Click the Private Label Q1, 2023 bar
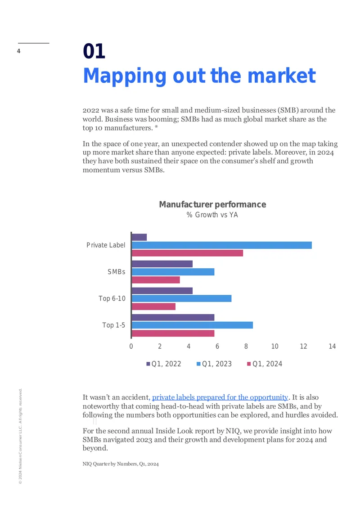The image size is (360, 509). pyautogui.click(x=222, y=245)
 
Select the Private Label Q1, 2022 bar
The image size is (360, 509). pyautogui.click(x=139, y=237)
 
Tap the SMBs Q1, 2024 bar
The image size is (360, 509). pyautogui.click(x=156, y=280)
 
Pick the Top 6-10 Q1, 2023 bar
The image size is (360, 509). pyautogui.click(x=181, y=298)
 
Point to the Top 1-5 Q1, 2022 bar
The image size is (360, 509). pyautogui.click(x=173, y=317)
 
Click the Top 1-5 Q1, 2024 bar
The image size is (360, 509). pyautogui.click(x=173, y=333)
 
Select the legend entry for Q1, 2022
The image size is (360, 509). pyautogui.click(x=164, y=364)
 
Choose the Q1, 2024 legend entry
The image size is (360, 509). pyautogui.click(x=265, y=364)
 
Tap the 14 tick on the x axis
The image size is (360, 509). pyautogui.click(x=332, y=347)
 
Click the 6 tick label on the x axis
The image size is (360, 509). pyautogui.click(x=217, y=347)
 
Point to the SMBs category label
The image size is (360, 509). pyautogui.click(x=117, y=272)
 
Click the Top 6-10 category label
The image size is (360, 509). pyautogui.click(x=112, y=298)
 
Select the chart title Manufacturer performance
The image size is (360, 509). pyautogui.click(x=212, y=204)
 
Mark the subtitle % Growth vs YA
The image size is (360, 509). pyautogui.click(x=212, y=215)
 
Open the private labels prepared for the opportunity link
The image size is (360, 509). pyautogui.click(x=220, y=397)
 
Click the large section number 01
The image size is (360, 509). pyautogui.click(x=94, y=51)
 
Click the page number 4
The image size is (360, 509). pyautogui.click(x=19, y=51)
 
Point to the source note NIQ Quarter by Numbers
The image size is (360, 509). pyautogui.click(x=121, y=464)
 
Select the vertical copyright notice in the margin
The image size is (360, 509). pyautogui.click(x=20, y=436)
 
